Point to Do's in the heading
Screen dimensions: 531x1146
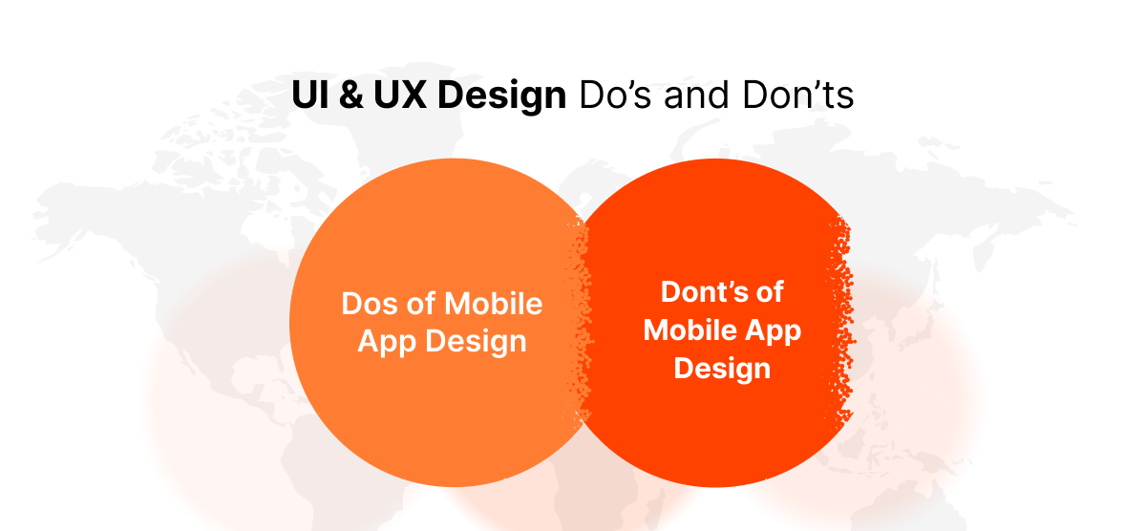coord(611,96)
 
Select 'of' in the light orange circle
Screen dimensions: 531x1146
coord(423,305)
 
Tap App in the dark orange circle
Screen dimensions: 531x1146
coord(773,330)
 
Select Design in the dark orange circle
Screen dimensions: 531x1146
coord(722,369)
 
